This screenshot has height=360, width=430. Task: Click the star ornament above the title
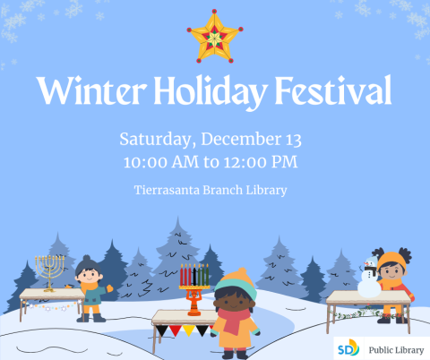pos(215,36)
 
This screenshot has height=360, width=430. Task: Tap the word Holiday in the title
pos(215,90)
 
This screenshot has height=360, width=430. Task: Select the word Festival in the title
pos(338,90)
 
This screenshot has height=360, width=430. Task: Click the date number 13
pos(291,140)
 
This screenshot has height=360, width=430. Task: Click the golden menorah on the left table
pos(49,270)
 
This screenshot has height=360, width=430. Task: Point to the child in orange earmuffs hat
pos(392,283)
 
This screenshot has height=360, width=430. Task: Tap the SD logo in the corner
pos(347,347)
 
